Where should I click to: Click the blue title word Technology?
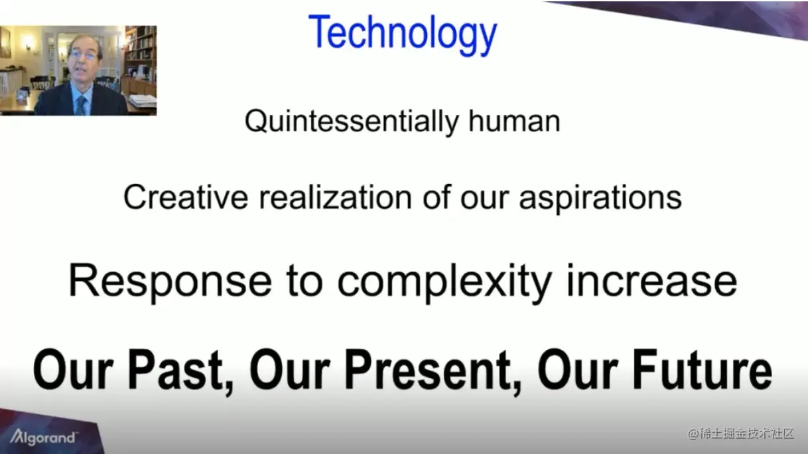(x=403, y=35)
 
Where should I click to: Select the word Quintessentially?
(x=352, y=121)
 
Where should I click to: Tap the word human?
(x=514, y=121)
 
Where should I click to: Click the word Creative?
(x=186, y=197)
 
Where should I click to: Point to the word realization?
(x=336, y=197)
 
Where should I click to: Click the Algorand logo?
(x=42, y=437)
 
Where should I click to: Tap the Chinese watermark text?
(x=741, y=433)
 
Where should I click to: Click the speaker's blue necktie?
(x=81, y=105)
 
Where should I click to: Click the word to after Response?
(x=304, y=283)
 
